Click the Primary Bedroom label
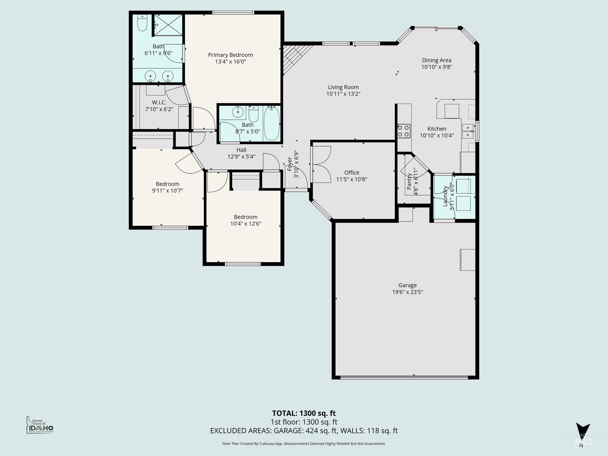[x=230, y=55]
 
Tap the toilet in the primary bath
[x=142, y=23]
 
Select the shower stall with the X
[x=168, y=25]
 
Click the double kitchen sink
[x=468, y=131]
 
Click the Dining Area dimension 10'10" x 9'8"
[x=437, y=67]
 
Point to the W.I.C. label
[x=159, y=103]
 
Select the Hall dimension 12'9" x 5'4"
[x=241, y=157]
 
